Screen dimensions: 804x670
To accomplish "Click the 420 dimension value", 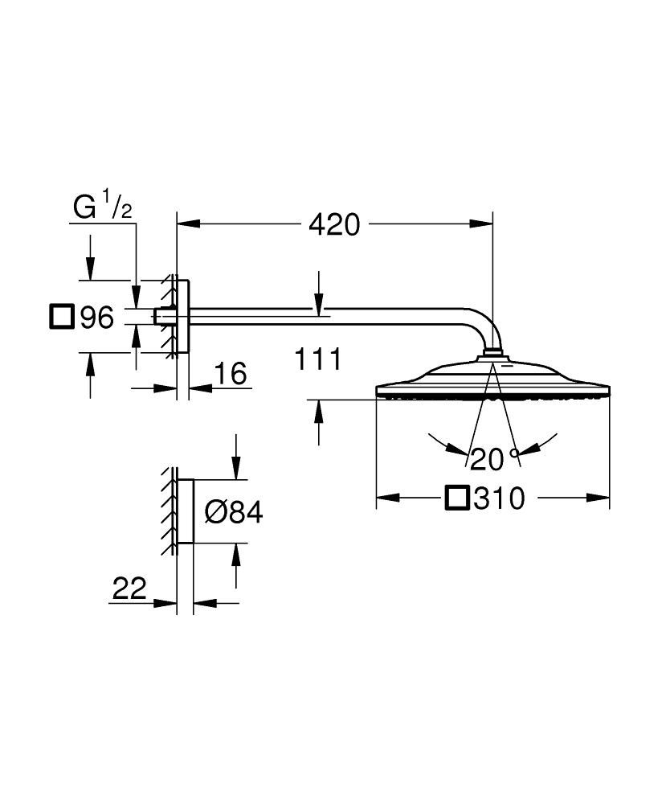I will tap(334, 225).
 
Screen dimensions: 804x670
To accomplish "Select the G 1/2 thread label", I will tap(103, 208).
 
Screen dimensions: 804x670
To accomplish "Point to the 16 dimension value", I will tap(230, 373).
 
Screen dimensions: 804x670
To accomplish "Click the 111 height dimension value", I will tap(317, 359).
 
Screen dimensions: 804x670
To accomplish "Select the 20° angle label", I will tap(496, 459).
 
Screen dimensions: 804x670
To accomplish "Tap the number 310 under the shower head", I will tap(498, 499).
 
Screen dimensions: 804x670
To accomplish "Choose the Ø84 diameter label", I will tap(233, 512).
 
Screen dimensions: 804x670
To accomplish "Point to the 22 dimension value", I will tap(129, 589).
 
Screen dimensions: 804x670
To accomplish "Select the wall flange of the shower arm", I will tap(183, 317).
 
